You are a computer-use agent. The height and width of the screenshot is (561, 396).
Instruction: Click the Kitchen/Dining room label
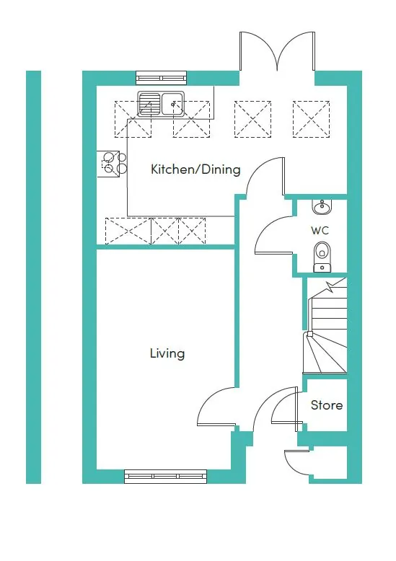coord(195,169)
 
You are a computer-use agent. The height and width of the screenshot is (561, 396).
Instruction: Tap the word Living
coord(167,353)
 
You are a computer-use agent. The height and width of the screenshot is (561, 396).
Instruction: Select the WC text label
coord(320,231)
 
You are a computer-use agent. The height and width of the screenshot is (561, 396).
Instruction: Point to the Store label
coord(327,405)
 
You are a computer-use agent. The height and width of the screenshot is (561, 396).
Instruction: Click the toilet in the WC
coord(322,257)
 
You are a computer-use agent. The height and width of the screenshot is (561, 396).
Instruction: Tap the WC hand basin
coord(322,207)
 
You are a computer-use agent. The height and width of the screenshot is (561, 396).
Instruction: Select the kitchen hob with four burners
coord(112,164)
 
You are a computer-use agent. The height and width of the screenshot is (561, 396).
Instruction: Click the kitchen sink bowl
coord(173,103)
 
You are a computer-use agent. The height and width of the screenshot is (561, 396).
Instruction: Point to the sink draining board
coord(149,104)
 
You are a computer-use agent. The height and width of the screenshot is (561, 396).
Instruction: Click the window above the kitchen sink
coord(162,78)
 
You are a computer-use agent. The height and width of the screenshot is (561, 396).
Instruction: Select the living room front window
coord(166,476)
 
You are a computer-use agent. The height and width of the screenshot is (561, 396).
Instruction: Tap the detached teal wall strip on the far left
coord(34,278)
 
